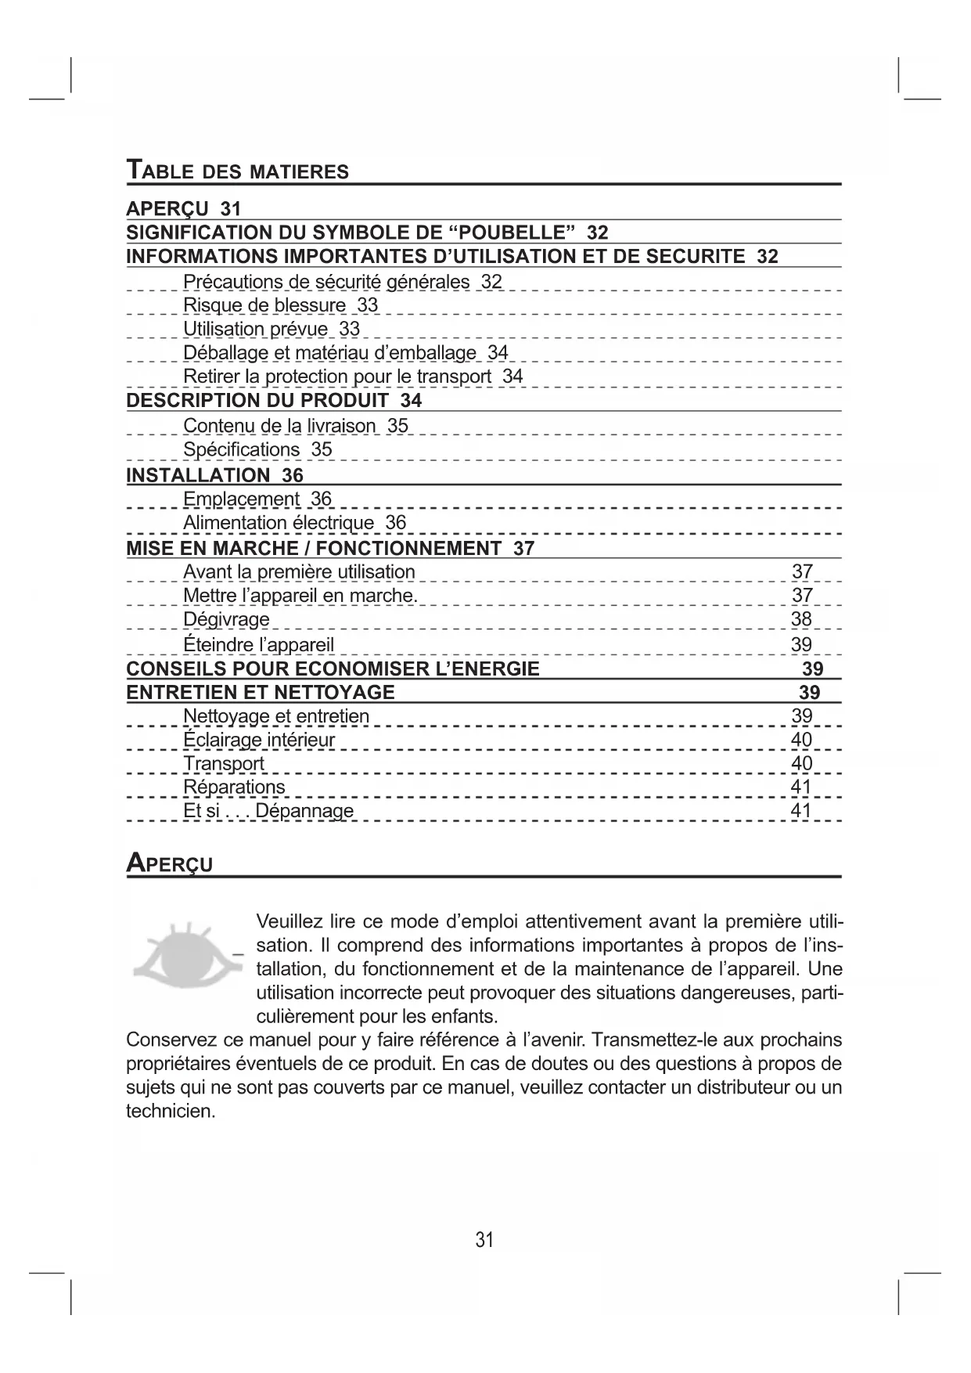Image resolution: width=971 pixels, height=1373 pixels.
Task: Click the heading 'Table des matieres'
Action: (238, 170)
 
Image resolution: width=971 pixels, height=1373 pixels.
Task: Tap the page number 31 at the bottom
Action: (484, 1239)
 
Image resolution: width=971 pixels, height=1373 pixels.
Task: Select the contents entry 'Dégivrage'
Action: (226, 619)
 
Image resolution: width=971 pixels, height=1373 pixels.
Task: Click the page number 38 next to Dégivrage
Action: (801, 619)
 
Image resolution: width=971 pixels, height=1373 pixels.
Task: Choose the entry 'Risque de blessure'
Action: (264, 305)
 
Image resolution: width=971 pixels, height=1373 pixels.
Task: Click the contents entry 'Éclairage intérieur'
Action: (259, 740)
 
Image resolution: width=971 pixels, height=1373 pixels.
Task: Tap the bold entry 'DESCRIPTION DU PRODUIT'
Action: (257, 401)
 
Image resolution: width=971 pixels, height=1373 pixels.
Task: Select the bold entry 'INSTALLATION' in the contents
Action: (198, 475)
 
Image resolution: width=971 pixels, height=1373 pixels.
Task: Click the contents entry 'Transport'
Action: (224, 763)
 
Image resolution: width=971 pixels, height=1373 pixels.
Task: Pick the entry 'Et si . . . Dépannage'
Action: (268, 811)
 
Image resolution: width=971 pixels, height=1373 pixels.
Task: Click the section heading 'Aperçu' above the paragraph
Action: (170, 863)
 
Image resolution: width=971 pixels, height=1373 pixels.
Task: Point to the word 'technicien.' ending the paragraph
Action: (171, 1111)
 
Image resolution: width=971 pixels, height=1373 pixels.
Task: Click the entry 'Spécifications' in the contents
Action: (241, 450)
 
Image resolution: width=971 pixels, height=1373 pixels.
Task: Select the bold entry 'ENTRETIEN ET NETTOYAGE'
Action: (261, 692)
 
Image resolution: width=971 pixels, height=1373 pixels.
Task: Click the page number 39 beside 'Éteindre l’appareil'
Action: (801, 645)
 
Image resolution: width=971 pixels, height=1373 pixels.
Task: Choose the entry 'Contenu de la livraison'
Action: (279, 426)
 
